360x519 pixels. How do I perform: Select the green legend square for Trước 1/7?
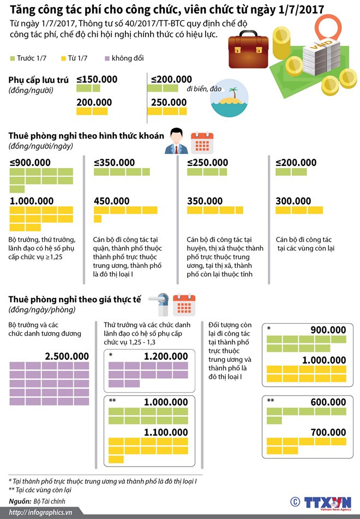click(12, 58)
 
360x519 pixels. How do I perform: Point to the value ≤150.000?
click(97, 80)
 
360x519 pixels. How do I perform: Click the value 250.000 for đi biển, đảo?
click(169, 102)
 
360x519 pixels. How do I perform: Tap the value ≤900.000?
click(31, 163)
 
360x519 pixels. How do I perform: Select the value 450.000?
click(111, 201)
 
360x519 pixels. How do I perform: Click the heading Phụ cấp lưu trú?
click(39, 80)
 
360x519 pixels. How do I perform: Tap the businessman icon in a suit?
click(177, 142)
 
